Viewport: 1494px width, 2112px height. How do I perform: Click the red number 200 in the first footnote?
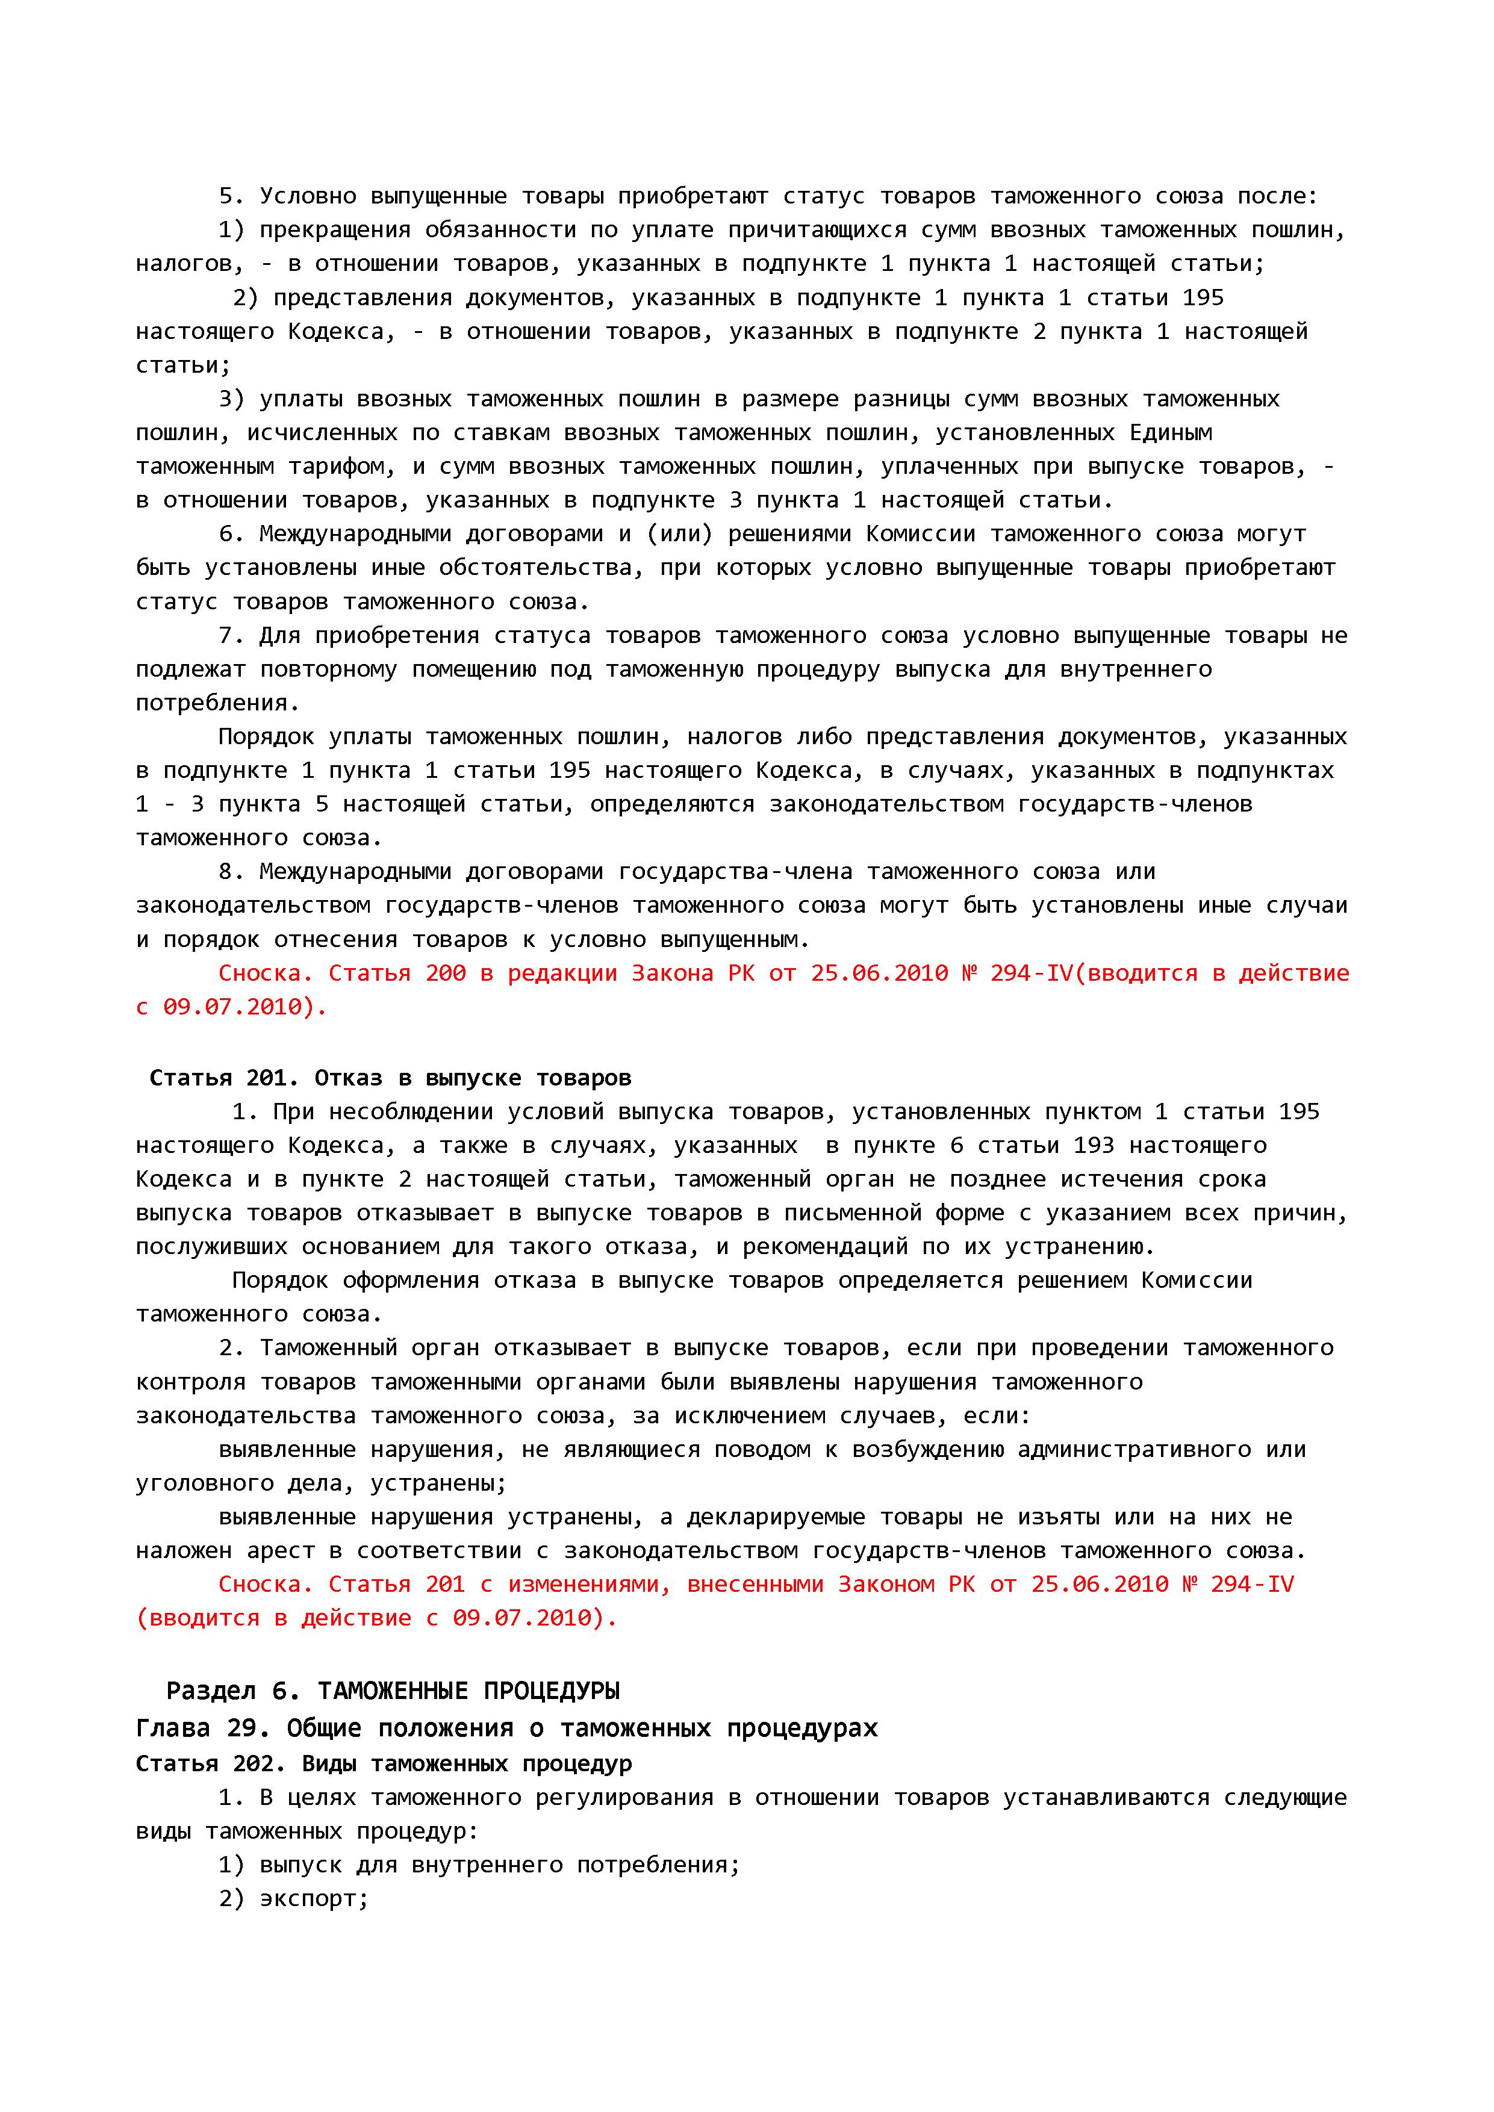445,973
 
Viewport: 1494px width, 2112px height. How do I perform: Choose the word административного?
1135,1450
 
